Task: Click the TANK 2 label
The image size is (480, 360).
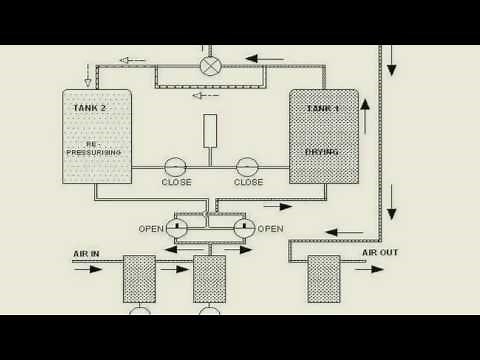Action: (90, 108)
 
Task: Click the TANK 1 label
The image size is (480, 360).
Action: (322, 108)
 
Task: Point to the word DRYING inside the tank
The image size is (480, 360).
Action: (322, 152)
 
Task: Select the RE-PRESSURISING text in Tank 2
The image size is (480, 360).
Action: (93, 148)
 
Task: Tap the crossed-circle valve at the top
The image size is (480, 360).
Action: (210, 66)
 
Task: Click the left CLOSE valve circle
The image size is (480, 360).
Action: (175, 167)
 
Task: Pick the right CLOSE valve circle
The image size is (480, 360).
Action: (247, 167)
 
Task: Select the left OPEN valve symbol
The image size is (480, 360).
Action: (177, 228)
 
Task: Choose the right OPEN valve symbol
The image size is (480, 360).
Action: (244, 228)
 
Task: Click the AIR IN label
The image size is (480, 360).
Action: (87, 254)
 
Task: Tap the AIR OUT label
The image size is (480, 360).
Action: (380, 253)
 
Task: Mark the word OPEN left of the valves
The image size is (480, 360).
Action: (151, 229)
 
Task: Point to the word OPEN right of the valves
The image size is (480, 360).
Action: (270, 229)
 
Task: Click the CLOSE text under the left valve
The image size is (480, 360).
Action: (176, 183)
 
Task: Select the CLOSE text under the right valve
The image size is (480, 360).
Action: (248, 183)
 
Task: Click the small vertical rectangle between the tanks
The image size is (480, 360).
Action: (210, 131)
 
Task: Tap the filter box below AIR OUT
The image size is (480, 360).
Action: (323, 279)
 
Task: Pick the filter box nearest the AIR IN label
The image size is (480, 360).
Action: (139, 279)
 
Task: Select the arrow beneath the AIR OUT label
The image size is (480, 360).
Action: (369, 269)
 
